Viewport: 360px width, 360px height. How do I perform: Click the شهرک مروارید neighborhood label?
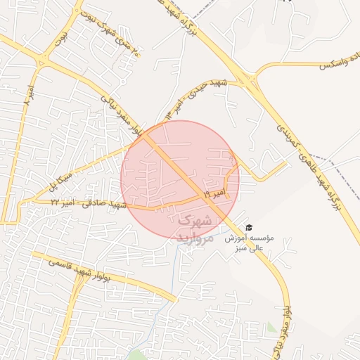pyautogui.click(x=194, y=228)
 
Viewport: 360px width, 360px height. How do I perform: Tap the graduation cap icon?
pyautogui.click(x=248, y=227)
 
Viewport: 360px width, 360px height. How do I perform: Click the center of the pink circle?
pyautogui.click(x=180, y=180)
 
